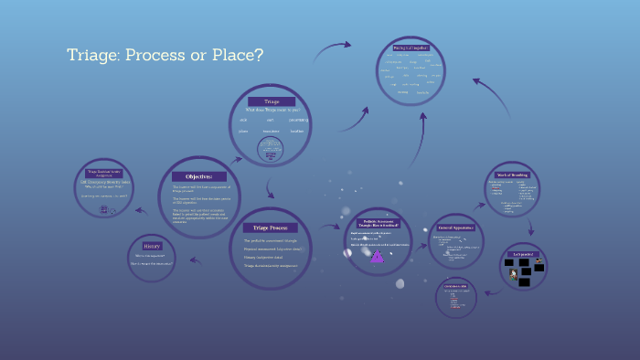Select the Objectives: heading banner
(x=198, y=176)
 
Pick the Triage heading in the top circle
(x=271, y=101)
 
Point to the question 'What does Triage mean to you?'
(x=271, y=110)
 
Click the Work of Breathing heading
(x=513, y=174)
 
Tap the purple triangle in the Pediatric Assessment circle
(x=377, y=256)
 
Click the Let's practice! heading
(x=523, y=254)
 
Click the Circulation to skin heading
(x=455, y=286)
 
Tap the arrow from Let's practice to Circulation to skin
(x=492, y=292)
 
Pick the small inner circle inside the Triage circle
(x=271, y=153)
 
